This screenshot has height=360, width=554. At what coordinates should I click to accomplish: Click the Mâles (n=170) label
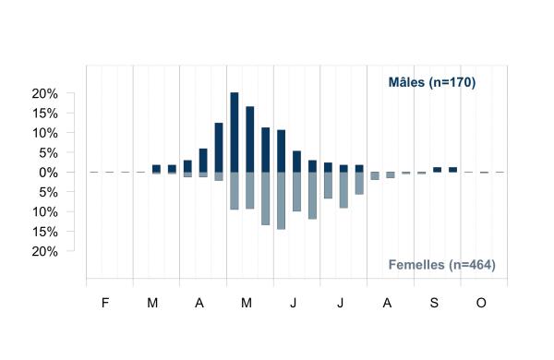click(432, 82)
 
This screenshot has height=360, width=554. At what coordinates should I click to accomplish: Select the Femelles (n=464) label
click(441, 265)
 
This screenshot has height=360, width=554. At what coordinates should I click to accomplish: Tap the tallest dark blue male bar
click(235, 133)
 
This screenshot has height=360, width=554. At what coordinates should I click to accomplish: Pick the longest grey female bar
click(282, 200)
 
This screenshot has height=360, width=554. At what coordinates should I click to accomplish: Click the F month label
click(105, 303)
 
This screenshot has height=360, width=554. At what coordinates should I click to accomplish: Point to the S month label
click(434, 303)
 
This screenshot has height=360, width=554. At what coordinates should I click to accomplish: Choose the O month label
click(481, 303)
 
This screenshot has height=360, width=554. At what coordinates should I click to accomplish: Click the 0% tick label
click(48, 173)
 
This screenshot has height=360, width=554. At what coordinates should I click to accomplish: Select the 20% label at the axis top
click(45, 93)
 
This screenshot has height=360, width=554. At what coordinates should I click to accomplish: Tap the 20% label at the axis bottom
click(45, 252)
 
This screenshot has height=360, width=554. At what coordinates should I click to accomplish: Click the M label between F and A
click(152, 303)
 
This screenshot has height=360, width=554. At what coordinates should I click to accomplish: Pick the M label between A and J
click(247, 303)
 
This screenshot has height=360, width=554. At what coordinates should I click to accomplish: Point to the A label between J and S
click(387, 303)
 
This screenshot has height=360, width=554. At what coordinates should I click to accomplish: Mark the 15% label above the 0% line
click(45, 114)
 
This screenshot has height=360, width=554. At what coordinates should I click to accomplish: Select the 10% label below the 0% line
click(45, 212)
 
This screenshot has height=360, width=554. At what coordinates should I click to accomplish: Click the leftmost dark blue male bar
click(156, 169)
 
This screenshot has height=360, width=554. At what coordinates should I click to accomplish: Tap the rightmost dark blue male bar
click(453, 170)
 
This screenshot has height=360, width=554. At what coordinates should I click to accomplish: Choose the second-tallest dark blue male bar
click(250, 139)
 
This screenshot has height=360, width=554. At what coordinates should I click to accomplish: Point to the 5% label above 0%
click(48, 153)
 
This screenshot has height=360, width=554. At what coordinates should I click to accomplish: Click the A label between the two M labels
click(199, 303)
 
